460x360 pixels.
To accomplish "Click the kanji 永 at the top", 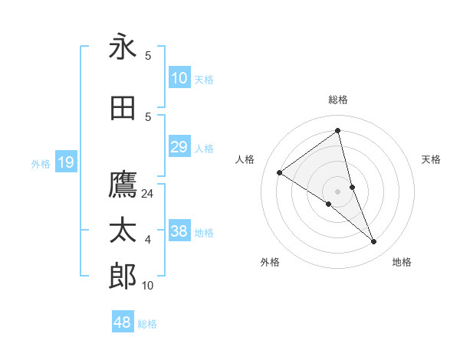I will point(123,47).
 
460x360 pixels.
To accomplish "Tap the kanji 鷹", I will point(123,185).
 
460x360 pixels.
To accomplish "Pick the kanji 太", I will point(123,231).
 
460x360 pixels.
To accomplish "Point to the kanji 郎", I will point(123,276).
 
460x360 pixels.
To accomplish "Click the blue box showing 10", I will point(179,78).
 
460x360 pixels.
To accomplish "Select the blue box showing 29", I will point(179,147).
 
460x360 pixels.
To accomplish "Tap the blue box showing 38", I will point(179,231).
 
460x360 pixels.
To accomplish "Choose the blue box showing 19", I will point(66,162).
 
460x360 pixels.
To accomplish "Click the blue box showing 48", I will point(123,322).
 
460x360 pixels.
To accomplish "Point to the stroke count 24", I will point(148,194).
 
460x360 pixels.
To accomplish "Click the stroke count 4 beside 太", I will point(148,240).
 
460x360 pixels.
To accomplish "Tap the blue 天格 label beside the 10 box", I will point(204,79).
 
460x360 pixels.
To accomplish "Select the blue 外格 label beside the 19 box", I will point(41,163).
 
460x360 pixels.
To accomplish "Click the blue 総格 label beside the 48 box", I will point(147,324).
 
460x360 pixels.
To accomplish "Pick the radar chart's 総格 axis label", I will point(338,100).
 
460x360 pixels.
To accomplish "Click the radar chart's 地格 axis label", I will point(402,262).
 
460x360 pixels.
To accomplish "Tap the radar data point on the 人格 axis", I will point(280,172).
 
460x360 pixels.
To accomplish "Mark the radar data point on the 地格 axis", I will point(374,242).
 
